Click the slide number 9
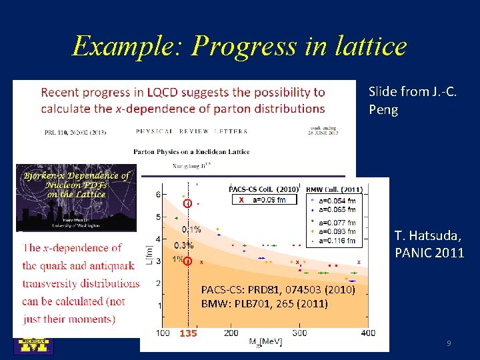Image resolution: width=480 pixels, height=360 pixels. coord(449,343)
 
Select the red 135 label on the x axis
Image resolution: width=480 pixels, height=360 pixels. coord(188,333)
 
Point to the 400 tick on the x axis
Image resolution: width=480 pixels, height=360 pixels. coord(366,333)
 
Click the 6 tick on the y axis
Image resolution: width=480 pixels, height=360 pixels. coord(158,194)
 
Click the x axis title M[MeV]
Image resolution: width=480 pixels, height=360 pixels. coord(265,342)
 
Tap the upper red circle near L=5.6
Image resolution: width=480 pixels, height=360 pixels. coord(188,203)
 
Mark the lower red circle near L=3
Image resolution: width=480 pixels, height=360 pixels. coord(188,261)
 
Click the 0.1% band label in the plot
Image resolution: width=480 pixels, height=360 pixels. coord(191,229)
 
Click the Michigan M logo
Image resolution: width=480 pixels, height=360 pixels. coord(34,345)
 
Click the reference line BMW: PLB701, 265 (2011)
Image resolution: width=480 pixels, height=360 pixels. coord(265,304)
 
